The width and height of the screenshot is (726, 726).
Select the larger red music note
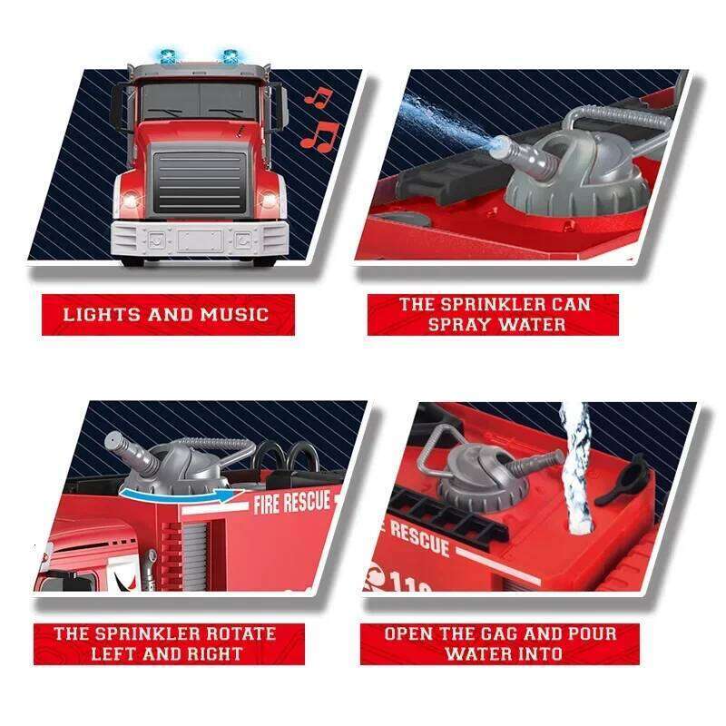319,136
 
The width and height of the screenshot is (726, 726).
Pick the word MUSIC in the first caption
235,315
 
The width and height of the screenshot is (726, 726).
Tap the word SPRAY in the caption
460,324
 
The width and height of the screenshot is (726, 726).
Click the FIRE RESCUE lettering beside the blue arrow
292,502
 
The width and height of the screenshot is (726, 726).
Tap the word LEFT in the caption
123,652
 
